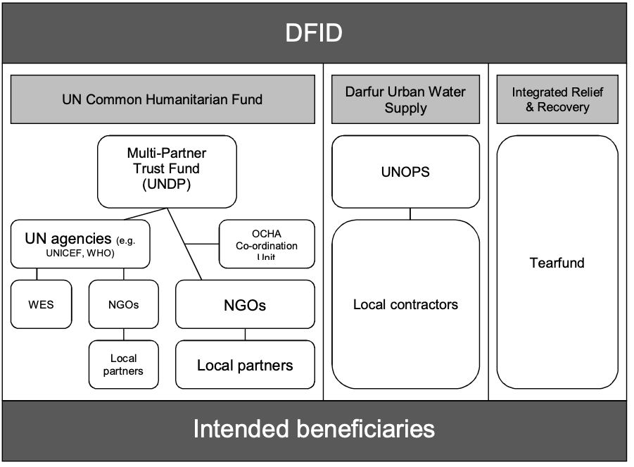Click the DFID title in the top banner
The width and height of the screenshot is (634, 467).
(x=313, y=33)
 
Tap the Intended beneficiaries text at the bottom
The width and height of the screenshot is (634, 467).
(x=314, y=429)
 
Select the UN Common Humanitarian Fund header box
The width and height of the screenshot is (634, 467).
(x=163, y=99)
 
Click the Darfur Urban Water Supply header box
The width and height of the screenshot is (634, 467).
(x=405, y=99)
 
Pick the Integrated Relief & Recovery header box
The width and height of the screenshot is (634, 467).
(x=557, y=99)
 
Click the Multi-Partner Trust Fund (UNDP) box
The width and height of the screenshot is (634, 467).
(x=167, y=169)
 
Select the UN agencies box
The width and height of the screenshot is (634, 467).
(x=81, y=244)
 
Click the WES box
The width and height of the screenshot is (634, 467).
(x=41, y=304)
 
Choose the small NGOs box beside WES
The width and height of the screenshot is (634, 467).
(x=124, y=304)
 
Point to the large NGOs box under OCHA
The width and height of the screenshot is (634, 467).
(x=245, y=305)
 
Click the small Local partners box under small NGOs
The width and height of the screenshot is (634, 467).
(x=123, y=364)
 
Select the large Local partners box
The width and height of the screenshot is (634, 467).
(x=245, y=365)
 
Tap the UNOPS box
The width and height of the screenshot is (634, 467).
(x=405, y=172)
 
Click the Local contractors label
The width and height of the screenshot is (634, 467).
(x=405, y=304)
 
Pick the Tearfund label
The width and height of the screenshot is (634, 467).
(x=557, y=263)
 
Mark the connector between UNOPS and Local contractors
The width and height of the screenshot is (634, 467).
(x=410, y=213)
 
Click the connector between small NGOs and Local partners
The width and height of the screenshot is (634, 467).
(x=124, y=335)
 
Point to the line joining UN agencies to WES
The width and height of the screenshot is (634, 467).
(x=37, y=274)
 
